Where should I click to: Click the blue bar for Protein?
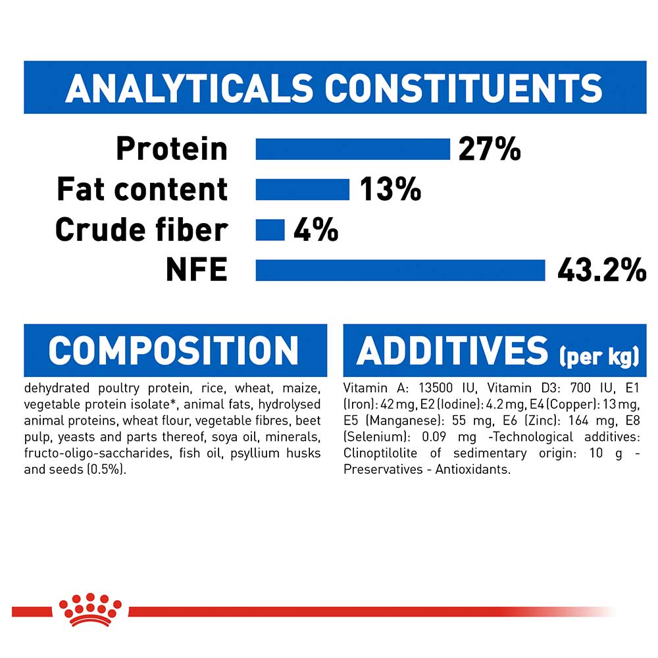353,149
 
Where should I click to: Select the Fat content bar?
302,190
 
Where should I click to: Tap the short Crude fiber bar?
270,230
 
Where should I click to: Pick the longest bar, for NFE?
400,270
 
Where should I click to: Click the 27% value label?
490,149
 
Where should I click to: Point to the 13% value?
390,190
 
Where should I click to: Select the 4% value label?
316,230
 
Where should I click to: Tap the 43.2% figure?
602,270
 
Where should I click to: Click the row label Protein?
172,149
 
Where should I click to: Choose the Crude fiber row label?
141,230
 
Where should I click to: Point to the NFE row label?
196,270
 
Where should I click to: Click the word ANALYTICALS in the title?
189,88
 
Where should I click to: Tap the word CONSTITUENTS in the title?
464,88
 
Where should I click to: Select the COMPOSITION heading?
173,351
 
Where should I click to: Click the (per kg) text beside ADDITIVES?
599,357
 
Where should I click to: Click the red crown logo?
89,609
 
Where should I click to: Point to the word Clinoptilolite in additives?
380,453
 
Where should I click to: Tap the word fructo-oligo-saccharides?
97,453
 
